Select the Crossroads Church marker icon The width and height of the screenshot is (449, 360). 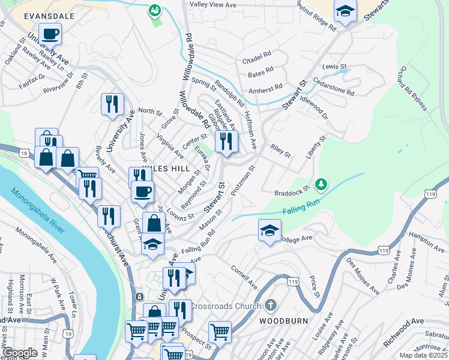[271, 305]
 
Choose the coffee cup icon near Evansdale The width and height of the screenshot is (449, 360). [50, 34]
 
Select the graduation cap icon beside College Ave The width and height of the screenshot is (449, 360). [270, 230]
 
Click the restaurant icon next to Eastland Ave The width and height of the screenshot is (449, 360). [226, 140]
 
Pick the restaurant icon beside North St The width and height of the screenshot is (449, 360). [112, 104]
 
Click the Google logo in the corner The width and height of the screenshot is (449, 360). [20, 353]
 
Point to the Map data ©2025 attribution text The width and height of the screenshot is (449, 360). [423, 355]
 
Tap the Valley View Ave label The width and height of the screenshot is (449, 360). [213, 4]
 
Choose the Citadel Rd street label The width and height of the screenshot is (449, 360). [256, 61]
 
